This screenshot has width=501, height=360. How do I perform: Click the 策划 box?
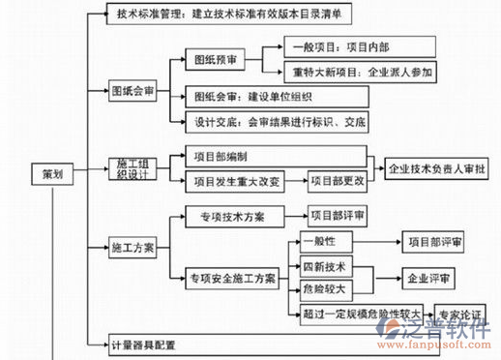(53, 175)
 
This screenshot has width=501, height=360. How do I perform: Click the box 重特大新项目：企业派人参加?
(362, 73)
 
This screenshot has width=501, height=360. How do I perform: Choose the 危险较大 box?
(322, 288)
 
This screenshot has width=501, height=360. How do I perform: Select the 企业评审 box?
(430, 278)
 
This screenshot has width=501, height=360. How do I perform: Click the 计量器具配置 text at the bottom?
(157, 345)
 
